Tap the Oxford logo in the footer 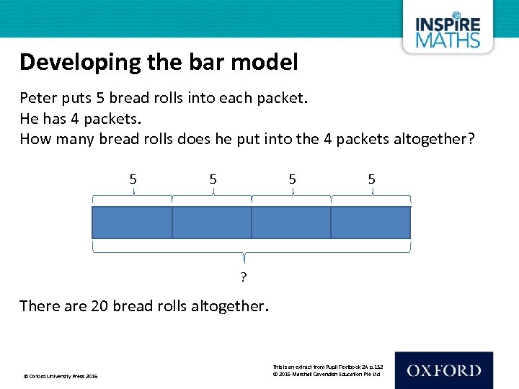click(443, 370)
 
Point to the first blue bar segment click(132, 223)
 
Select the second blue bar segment click(212, 223)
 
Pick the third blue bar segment click(291, 223)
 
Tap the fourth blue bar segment click(371, 223)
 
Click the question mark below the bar click(244, 278)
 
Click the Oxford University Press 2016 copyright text click(61, 376)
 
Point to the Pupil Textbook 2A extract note click(328, 367)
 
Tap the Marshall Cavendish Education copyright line click(328, 375)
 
